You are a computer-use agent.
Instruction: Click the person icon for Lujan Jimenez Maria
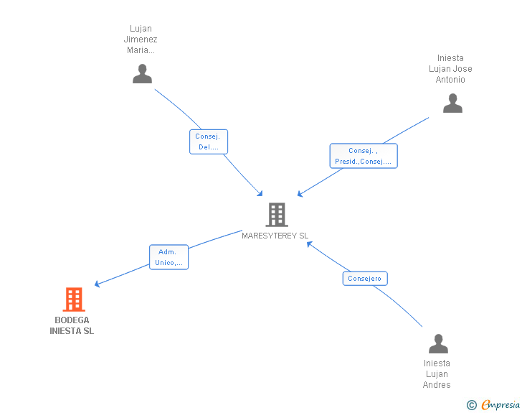[x=143, y=74]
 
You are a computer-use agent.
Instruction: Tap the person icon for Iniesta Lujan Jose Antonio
[x=452, y=104]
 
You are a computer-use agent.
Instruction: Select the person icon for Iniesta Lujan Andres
[x=438, y=344]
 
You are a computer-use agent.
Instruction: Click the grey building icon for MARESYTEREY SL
[x=276, y=214]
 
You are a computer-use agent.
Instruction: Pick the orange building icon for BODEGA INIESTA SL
[x=74, y=299]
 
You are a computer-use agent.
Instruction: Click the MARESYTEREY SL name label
[x=275, y=236]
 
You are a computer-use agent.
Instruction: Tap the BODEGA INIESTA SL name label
[x=72, y=325]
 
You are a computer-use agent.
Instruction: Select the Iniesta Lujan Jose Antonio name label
[x=450, y=69]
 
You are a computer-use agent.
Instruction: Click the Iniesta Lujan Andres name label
[x=437, y=373]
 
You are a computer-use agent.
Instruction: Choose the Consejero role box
[x=365, y=279]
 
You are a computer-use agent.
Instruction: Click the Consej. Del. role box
[x=209, y=141]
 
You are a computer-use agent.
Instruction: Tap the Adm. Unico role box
[x=169, y=257]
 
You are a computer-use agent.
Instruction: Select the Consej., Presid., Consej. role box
[x=363, y=156]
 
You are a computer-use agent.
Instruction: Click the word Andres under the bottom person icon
[x=437, y=385]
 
